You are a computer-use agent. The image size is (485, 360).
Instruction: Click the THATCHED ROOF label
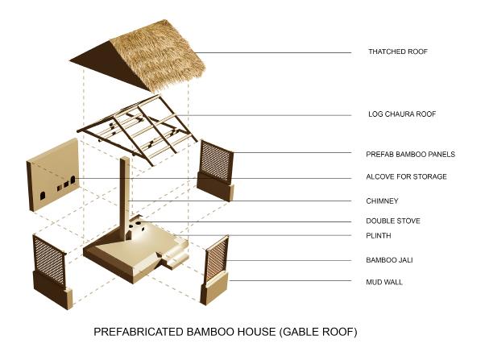coord(397,52)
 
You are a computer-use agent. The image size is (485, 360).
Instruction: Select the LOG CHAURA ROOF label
coord(401,114)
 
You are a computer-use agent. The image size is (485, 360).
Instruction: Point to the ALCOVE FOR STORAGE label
coord(406,176)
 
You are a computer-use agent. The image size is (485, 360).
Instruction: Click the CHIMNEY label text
coord(382,201)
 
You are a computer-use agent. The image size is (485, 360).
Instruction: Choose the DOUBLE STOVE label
coord(392,221)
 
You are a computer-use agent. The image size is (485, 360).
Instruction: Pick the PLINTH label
coord(379,235)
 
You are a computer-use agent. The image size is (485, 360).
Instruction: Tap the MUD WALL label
coord(384,281)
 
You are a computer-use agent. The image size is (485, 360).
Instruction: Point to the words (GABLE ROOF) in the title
coord(317,331)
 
